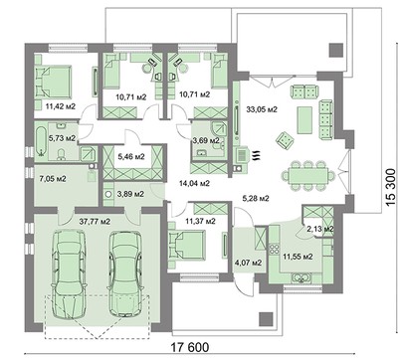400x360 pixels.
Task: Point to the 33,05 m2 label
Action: coord(262,112)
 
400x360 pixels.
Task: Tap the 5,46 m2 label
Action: coord(129,157)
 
